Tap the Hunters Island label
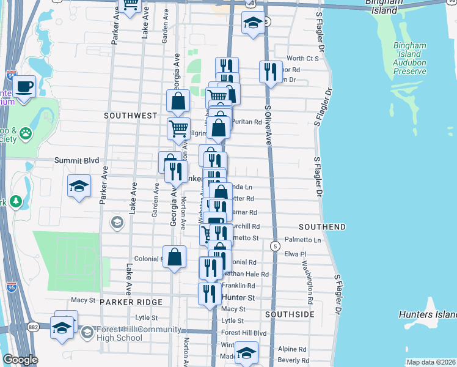[427, 314]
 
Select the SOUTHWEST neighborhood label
[131, 115]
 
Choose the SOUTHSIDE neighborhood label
[290, 314]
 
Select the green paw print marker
[25, 133]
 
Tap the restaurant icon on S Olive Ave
[270, 72]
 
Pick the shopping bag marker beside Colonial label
[174, 258]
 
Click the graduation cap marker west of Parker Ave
[78, 187]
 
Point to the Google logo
[20, 360]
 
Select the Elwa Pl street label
[294, 253]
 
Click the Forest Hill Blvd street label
[244, 333]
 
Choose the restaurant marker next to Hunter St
[210, 294]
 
